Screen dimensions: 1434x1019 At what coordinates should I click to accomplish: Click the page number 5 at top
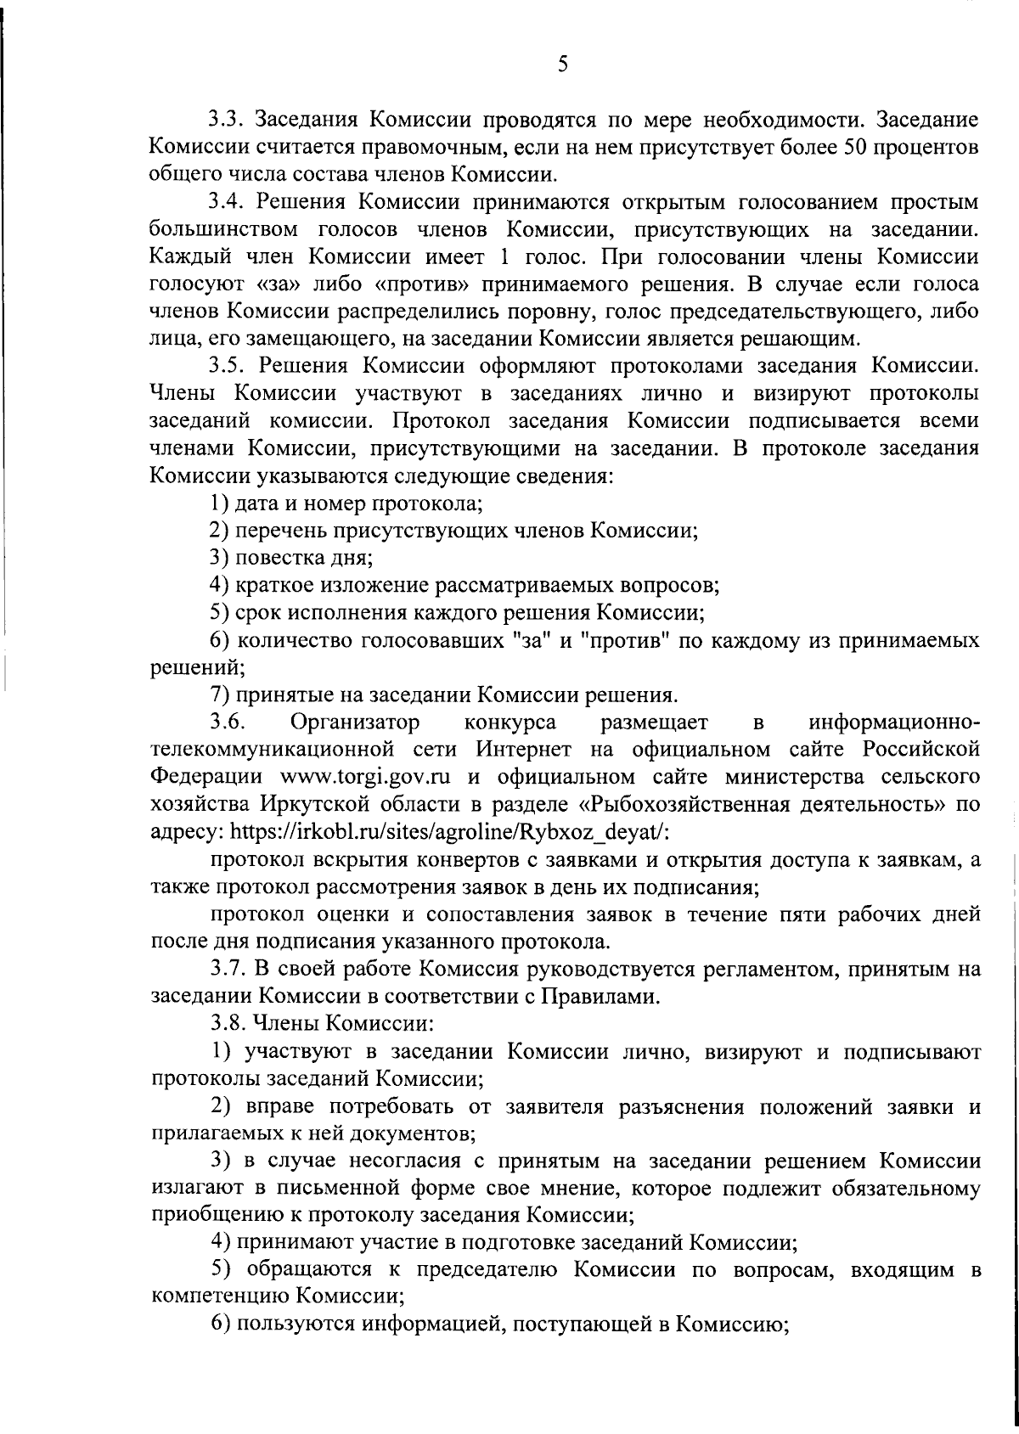click(563, 65)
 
